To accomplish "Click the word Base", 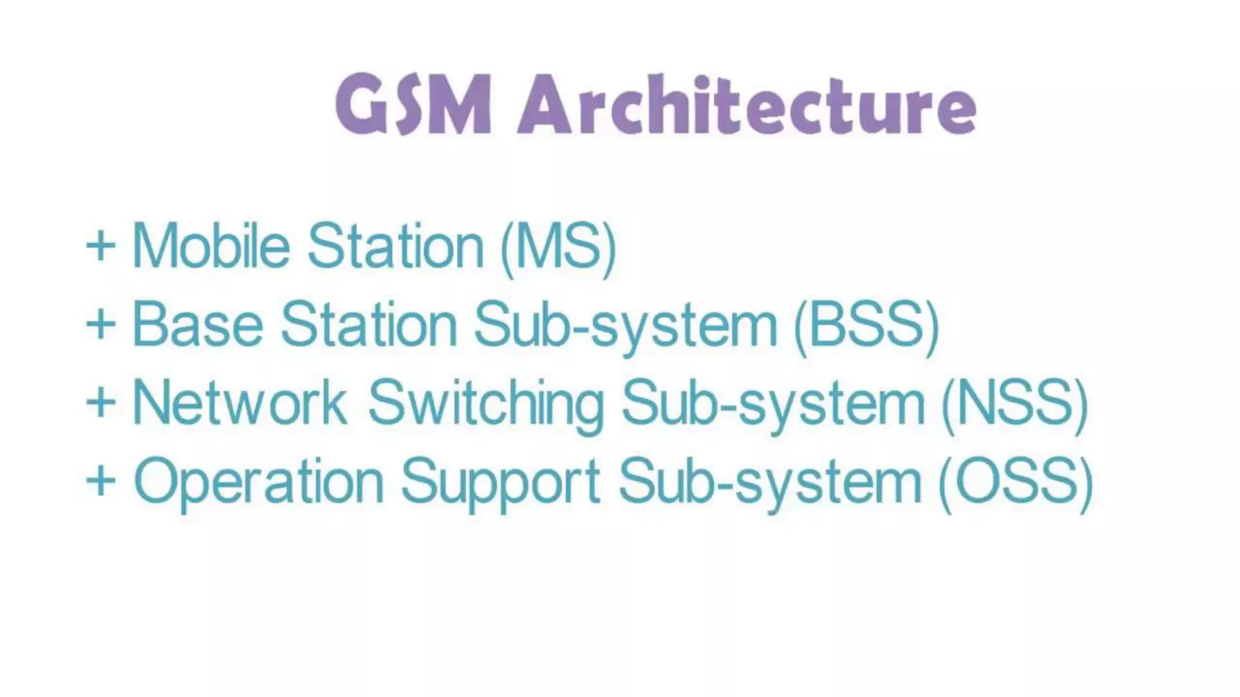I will (197, 325).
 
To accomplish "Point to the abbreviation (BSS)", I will (866, 327).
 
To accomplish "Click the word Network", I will (239, 403).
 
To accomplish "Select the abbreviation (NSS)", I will (1015, 404).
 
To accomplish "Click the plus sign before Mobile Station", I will (101, 246).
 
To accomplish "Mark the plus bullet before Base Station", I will (101, 325).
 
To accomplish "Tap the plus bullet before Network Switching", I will (101, 403).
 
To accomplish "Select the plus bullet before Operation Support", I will (101, 482).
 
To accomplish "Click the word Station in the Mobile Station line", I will (396, 246).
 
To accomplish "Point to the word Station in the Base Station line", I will (369, 325).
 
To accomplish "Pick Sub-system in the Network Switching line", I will (773, 404).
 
